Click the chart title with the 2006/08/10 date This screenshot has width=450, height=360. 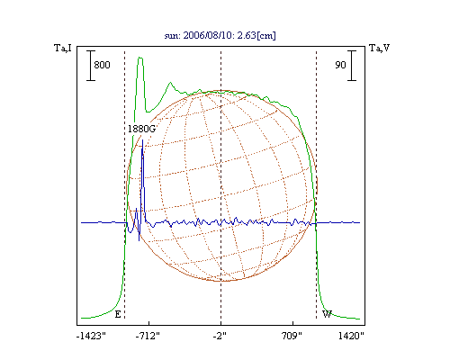tap(220, 35)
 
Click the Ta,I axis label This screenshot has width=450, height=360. tap(63, 48)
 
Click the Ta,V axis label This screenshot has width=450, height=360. tap(380, 48)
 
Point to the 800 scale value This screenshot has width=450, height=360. tap(102, 65)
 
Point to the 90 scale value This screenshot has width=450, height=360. tap(340, 65)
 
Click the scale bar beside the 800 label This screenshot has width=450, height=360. tap(91, 66)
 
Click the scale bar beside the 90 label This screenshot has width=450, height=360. tap(352, 66)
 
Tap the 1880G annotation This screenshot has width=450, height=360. tap(141, 129)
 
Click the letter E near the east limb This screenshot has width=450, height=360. tap(118, 314)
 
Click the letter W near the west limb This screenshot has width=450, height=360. tap(327, 314)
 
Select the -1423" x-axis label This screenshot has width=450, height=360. tap(91, 336)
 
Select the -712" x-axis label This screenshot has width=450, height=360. tap(148, 336)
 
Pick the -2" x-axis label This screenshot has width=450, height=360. tap(220, 336)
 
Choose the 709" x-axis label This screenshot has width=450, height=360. tap(292, 336)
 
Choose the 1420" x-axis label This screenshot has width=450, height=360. tap(351, 336)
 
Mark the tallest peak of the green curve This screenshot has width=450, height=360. tap(140, 58)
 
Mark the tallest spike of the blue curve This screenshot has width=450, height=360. tap(142, 140)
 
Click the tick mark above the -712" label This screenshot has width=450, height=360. tap(149, 323)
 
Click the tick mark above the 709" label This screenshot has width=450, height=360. tap(292, 323)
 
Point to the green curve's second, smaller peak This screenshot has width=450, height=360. tap(170, 83)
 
